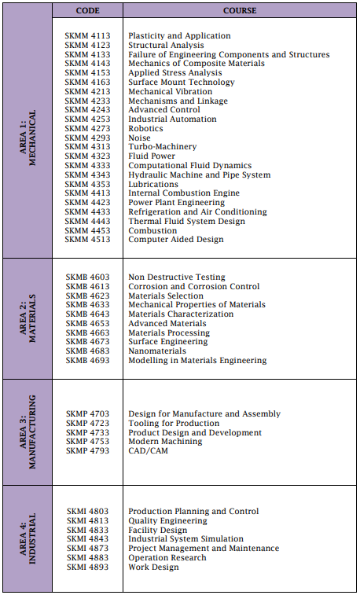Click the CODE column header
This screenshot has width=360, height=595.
(87, 11)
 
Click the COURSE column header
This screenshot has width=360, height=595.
(240, 11)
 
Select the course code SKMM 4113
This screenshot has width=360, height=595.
(87, 36)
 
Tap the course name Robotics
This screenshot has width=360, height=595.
(145, 129)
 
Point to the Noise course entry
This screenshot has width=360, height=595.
(139, 138)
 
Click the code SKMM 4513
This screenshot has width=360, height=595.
(87, 240)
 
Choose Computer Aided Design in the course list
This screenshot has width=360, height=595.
(175, 240)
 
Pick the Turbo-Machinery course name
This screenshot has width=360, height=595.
(162, 147)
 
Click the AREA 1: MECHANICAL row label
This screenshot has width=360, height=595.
(29, 138)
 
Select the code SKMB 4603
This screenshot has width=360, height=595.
(87, 277)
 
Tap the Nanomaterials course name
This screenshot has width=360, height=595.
(157, 351)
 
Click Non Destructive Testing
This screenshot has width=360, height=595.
(176, 277)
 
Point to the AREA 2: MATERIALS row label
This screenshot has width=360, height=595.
(29, 319)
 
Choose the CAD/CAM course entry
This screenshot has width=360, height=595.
(148, 451)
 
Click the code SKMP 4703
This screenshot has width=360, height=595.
(87, 414)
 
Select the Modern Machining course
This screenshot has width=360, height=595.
(165, 442)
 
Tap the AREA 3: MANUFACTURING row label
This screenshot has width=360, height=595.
(29, 433)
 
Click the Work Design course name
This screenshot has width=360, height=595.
(153, 567)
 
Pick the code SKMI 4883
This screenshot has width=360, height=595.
(87, 558)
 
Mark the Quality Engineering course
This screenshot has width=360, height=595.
(167, 521)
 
